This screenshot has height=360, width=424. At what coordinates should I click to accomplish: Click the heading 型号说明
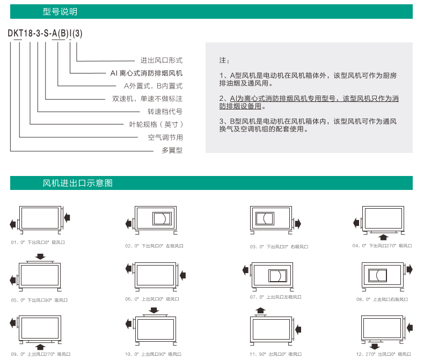pos(60,12)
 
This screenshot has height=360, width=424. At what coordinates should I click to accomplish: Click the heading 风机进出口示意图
pos(77,183)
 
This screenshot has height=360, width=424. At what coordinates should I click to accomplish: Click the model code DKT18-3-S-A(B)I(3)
pos(45,33)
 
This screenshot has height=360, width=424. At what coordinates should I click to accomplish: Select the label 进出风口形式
pos(162,60)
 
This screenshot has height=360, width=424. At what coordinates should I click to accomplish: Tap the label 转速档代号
pos(165,112)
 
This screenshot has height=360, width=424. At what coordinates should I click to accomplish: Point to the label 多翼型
pos(172,150)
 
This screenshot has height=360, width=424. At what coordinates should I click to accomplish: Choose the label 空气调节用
pos(165,137)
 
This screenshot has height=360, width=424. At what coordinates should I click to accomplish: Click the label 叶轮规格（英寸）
pos(156,124)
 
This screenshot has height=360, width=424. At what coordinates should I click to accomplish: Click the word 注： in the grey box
pos(224,60)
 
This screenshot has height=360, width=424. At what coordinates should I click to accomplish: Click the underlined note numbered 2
pos(309,102)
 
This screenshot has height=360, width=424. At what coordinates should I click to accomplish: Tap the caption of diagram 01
pos(38,243)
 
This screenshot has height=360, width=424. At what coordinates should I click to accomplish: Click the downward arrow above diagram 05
pos(40,256)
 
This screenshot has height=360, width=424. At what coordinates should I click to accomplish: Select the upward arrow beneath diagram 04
pos(383,237)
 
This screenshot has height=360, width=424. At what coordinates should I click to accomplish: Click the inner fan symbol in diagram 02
pos(162,218)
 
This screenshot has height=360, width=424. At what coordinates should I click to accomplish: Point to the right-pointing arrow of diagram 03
pos(298,224)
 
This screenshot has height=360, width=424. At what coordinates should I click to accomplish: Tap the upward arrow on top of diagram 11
pos(260,310)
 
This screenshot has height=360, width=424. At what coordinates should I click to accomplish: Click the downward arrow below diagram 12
pos(375,346)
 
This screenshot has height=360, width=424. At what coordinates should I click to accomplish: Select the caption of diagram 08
pos(382,299)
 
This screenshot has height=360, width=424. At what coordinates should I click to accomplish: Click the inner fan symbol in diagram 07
pos(277,276)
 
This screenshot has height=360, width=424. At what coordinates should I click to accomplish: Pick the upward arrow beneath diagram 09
pos(40,347)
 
